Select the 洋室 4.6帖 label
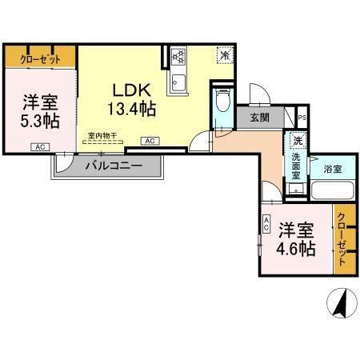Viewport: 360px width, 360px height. point(296,238)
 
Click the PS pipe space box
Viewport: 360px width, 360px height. point(301,118)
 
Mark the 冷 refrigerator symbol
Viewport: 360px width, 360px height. point(226,56)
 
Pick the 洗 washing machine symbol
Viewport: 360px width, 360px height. point(297,142)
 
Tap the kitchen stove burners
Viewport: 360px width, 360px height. point(178,57)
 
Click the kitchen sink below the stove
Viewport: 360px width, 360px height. point(178,82)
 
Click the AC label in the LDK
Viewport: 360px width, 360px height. point(150,141)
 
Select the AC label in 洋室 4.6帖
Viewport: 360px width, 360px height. point(266,226)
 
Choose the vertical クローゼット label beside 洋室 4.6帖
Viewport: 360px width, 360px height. point(342,238)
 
